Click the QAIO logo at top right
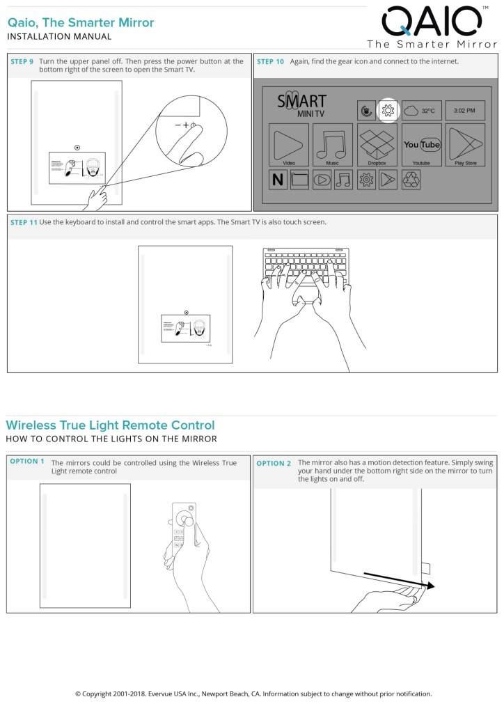[x=432, y=22]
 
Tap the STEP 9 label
[x=22, y=62]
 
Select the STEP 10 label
[x=270, y=62]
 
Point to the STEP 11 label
[x=24, y=222]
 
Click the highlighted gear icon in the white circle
[x=388, y=110]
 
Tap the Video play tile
[x=289, y=145]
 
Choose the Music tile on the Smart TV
[x=333, y=145]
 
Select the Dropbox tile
[x=377, y=145]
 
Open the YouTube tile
[x=421, y=145]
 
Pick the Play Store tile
[x=466, y=145]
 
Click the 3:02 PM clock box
[x=464, y=110]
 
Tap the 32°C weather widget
[x=421, y=110]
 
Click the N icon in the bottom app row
[x=278, y=180]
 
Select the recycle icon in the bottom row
[x=411, y=180]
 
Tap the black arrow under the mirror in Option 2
[x=399, y=581]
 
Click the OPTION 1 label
[x=27, y=461]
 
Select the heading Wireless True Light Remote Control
[x=111, y=425]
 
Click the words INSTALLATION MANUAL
[x=59, y=36]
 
